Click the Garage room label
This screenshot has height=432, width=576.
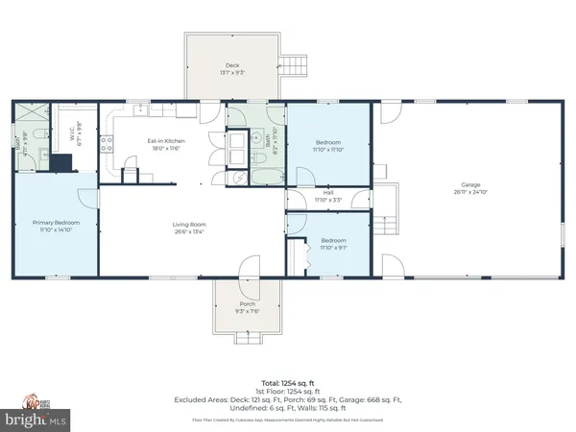pyautogui.click(x=469, y=184)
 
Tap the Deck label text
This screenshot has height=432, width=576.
pyautogui.click(x=233, y=65)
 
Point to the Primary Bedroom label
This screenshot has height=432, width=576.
pyautogui.click(x=56, y=223)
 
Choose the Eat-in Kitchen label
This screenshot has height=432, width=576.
pyautogui.click(x=165, y=141)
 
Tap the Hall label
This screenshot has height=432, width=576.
pyautogui.click(x=328, y=192)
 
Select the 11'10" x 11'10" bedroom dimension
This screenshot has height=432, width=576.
pyautogui.click(x=329, y=149)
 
